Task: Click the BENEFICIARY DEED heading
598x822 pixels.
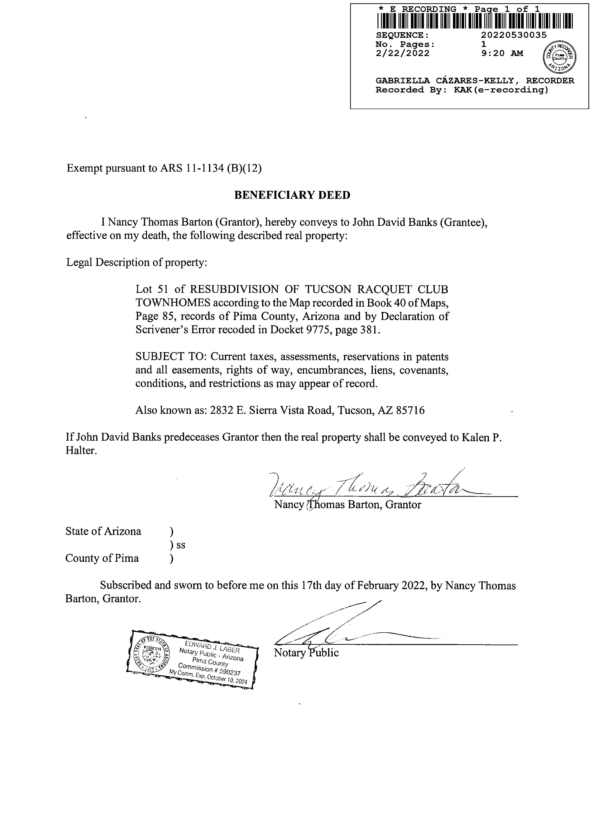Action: click(x=292, y=195)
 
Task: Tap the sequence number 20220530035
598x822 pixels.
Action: click(x=513, y=35)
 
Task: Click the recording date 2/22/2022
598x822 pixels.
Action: click(x=402, y=53)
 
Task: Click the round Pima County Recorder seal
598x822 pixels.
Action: click(x=559, y=57)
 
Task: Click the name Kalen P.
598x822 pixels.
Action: click(x=481, y=437)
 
